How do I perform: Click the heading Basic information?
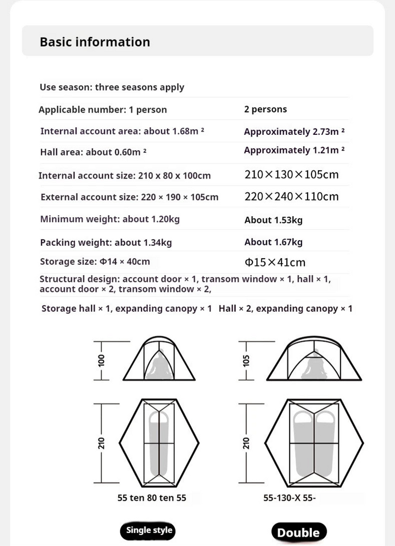(x=95, y=42)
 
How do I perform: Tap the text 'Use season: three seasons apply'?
(x=112, y=87)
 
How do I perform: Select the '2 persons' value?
(x=266, y=109)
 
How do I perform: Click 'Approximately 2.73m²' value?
(x=294, y=132)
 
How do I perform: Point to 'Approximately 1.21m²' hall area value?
(x=294, y=150)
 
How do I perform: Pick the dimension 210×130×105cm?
(x=292, y=175)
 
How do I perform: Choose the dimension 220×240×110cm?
(x=292, y=197)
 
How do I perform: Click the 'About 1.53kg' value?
(x=273, y=220)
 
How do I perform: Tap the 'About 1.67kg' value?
(x=273, y=242)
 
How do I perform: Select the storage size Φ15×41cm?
(x=275, y=263)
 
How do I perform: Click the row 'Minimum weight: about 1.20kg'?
(x=110, y=219)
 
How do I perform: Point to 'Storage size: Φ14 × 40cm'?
(x=95, y=262)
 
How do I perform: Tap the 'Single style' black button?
(x=149, y=530)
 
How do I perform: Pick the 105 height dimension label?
(x=246, y=360)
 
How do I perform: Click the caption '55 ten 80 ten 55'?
(x=151, y=498)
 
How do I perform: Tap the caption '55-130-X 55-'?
(x=290, y=498)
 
